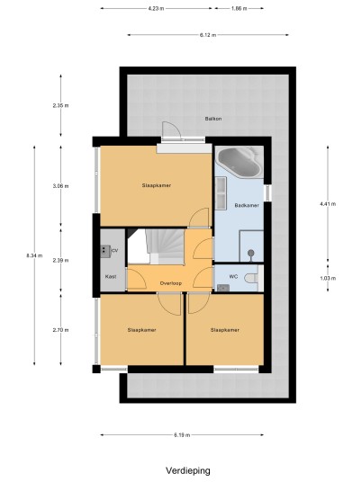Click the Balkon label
[x=213, y=119]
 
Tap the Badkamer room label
[x=247, y=205]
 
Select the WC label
[x=233, y=277]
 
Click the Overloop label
[x=171, y=283]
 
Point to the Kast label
[x=111, y=277]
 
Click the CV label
[x=115, y=251]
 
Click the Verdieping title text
[x=188, y=470]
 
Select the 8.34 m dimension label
[x=34, y=255]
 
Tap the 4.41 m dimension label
[x=328, y=204]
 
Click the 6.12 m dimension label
[x=208, y=35]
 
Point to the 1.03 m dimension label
[x=328, y=279]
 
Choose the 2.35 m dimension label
[x=60, y=105]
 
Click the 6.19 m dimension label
[x=182, y=435]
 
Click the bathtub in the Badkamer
[x=239, y=162]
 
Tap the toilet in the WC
[x=252, y=278]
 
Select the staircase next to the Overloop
[x=164, y=246]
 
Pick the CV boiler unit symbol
[x=106, y=251]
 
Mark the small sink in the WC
[x=223, y=288]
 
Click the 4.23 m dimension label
[x=156, y=9]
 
